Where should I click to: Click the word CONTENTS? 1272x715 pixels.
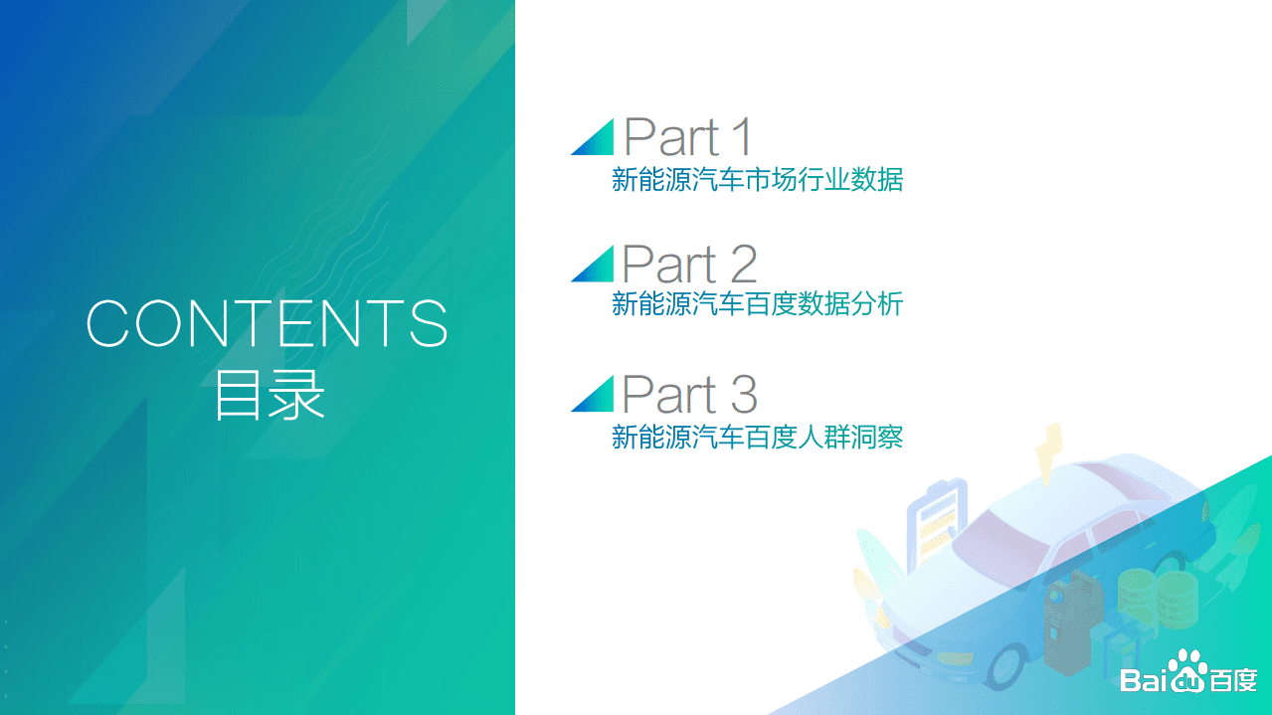268,322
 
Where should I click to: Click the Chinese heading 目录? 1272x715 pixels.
269,396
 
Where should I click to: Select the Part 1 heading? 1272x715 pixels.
688,137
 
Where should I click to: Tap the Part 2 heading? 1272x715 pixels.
689,265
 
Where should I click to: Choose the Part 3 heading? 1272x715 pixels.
689,394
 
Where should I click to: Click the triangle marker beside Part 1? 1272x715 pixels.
596,139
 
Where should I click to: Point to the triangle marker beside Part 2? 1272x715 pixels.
596,266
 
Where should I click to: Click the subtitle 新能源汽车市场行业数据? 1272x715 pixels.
757,180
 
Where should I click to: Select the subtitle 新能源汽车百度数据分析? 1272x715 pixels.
757,304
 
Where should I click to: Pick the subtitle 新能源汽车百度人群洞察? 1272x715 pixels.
757,437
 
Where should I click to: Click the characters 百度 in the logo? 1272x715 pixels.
1233,680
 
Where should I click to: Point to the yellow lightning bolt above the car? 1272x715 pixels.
1048,454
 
